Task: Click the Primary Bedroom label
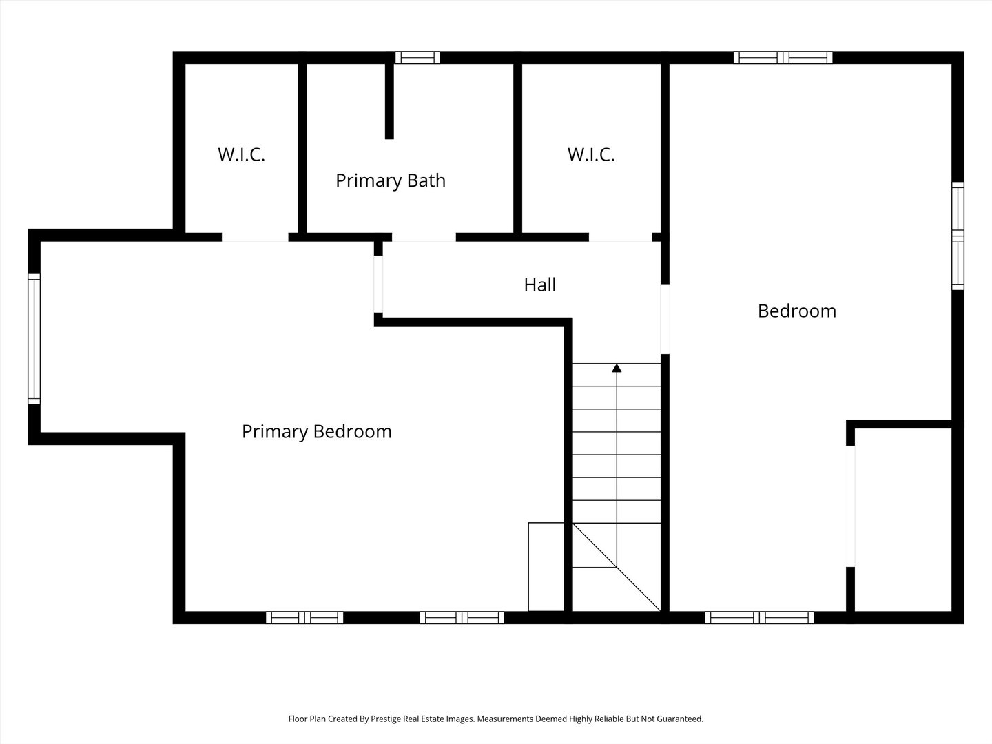click(316, 432)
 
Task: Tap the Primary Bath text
click(391, 180)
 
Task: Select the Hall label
click(539, 285)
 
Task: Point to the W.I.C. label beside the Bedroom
click(591, 155)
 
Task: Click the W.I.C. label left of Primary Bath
click(241, 155)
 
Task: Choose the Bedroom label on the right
click(797, 311)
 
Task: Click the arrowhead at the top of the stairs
click(617, 368)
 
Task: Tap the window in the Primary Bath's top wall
click(417, 58)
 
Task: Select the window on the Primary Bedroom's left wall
click(34, 339)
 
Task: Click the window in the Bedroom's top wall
click(783, 58)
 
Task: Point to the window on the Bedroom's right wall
click(958, 236)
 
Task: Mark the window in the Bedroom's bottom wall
click(759, 617)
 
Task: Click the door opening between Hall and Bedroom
click(665, 319)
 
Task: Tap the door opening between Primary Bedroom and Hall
click(378, 284)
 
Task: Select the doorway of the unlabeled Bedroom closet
click(850, 506)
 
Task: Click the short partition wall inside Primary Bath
click(389, 101)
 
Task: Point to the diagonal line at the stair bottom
click(617, 567)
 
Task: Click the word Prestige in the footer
click(386, 719)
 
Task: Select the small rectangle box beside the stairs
click(546, 567)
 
